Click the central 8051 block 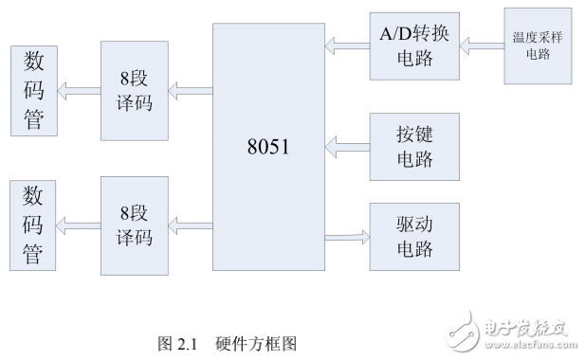(266, 147)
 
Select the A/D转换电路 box (412, 44)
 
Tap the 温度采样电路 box (536, 45)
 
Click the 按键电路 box (414, 147)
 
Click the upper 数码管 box (32, 91)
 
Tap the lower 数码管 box (32, 225)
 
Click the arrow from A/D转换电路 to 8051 (345, 44)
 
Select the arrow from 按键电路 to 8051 (345, 147)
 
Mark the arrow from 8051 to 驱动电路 (345, 237)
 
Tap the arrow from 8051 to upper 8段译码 (190, 91)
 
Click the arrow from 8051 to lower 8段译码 (190, 225)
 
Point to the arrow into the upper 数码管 (78, 91)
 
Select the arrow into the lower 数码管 (78, 225)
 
